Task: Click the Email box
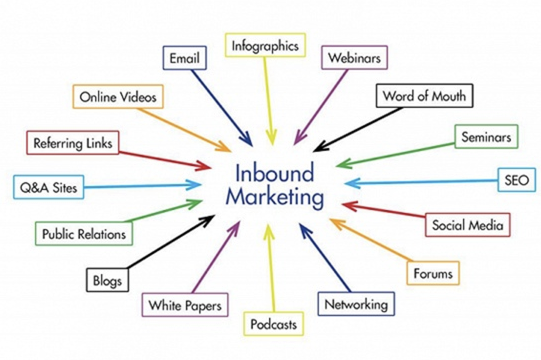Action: pyautogui.click(x=184, y=58)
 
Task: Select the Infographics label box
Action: pyautogui.click(x=265, y=46)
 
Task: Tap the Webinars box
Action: pyautogui.click(x=354, y=57)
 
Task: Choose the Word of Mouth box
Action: pyautogui.click(x=424, y=95)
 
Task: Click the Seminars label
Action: pyautogui.click(x=486, y=136)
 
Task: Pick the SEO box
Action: pyautogui.click(x=516, y=180)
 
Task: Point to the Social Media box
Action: pyautogui.click(x=467, y=225)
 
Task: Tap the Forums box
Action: pyautogui.click(x=433, y=273)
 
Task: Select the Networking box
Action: pyautogui.click(x=356, y=303)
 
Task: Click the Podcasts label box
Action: pyautogui.click(x=273, y=324)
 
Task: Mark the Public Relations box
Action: pyautogui.click(x=84, y=233)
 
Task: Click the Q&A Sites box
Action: pyautogui.click(x=49, y=188)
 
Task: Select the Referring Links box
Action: pyautogui.click(x=73, y=143)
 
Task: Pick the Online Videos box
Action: pyautogui.click(x=118, y=96)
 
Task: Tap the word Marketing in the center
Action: pyautogui.click(x=273, y=197)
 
